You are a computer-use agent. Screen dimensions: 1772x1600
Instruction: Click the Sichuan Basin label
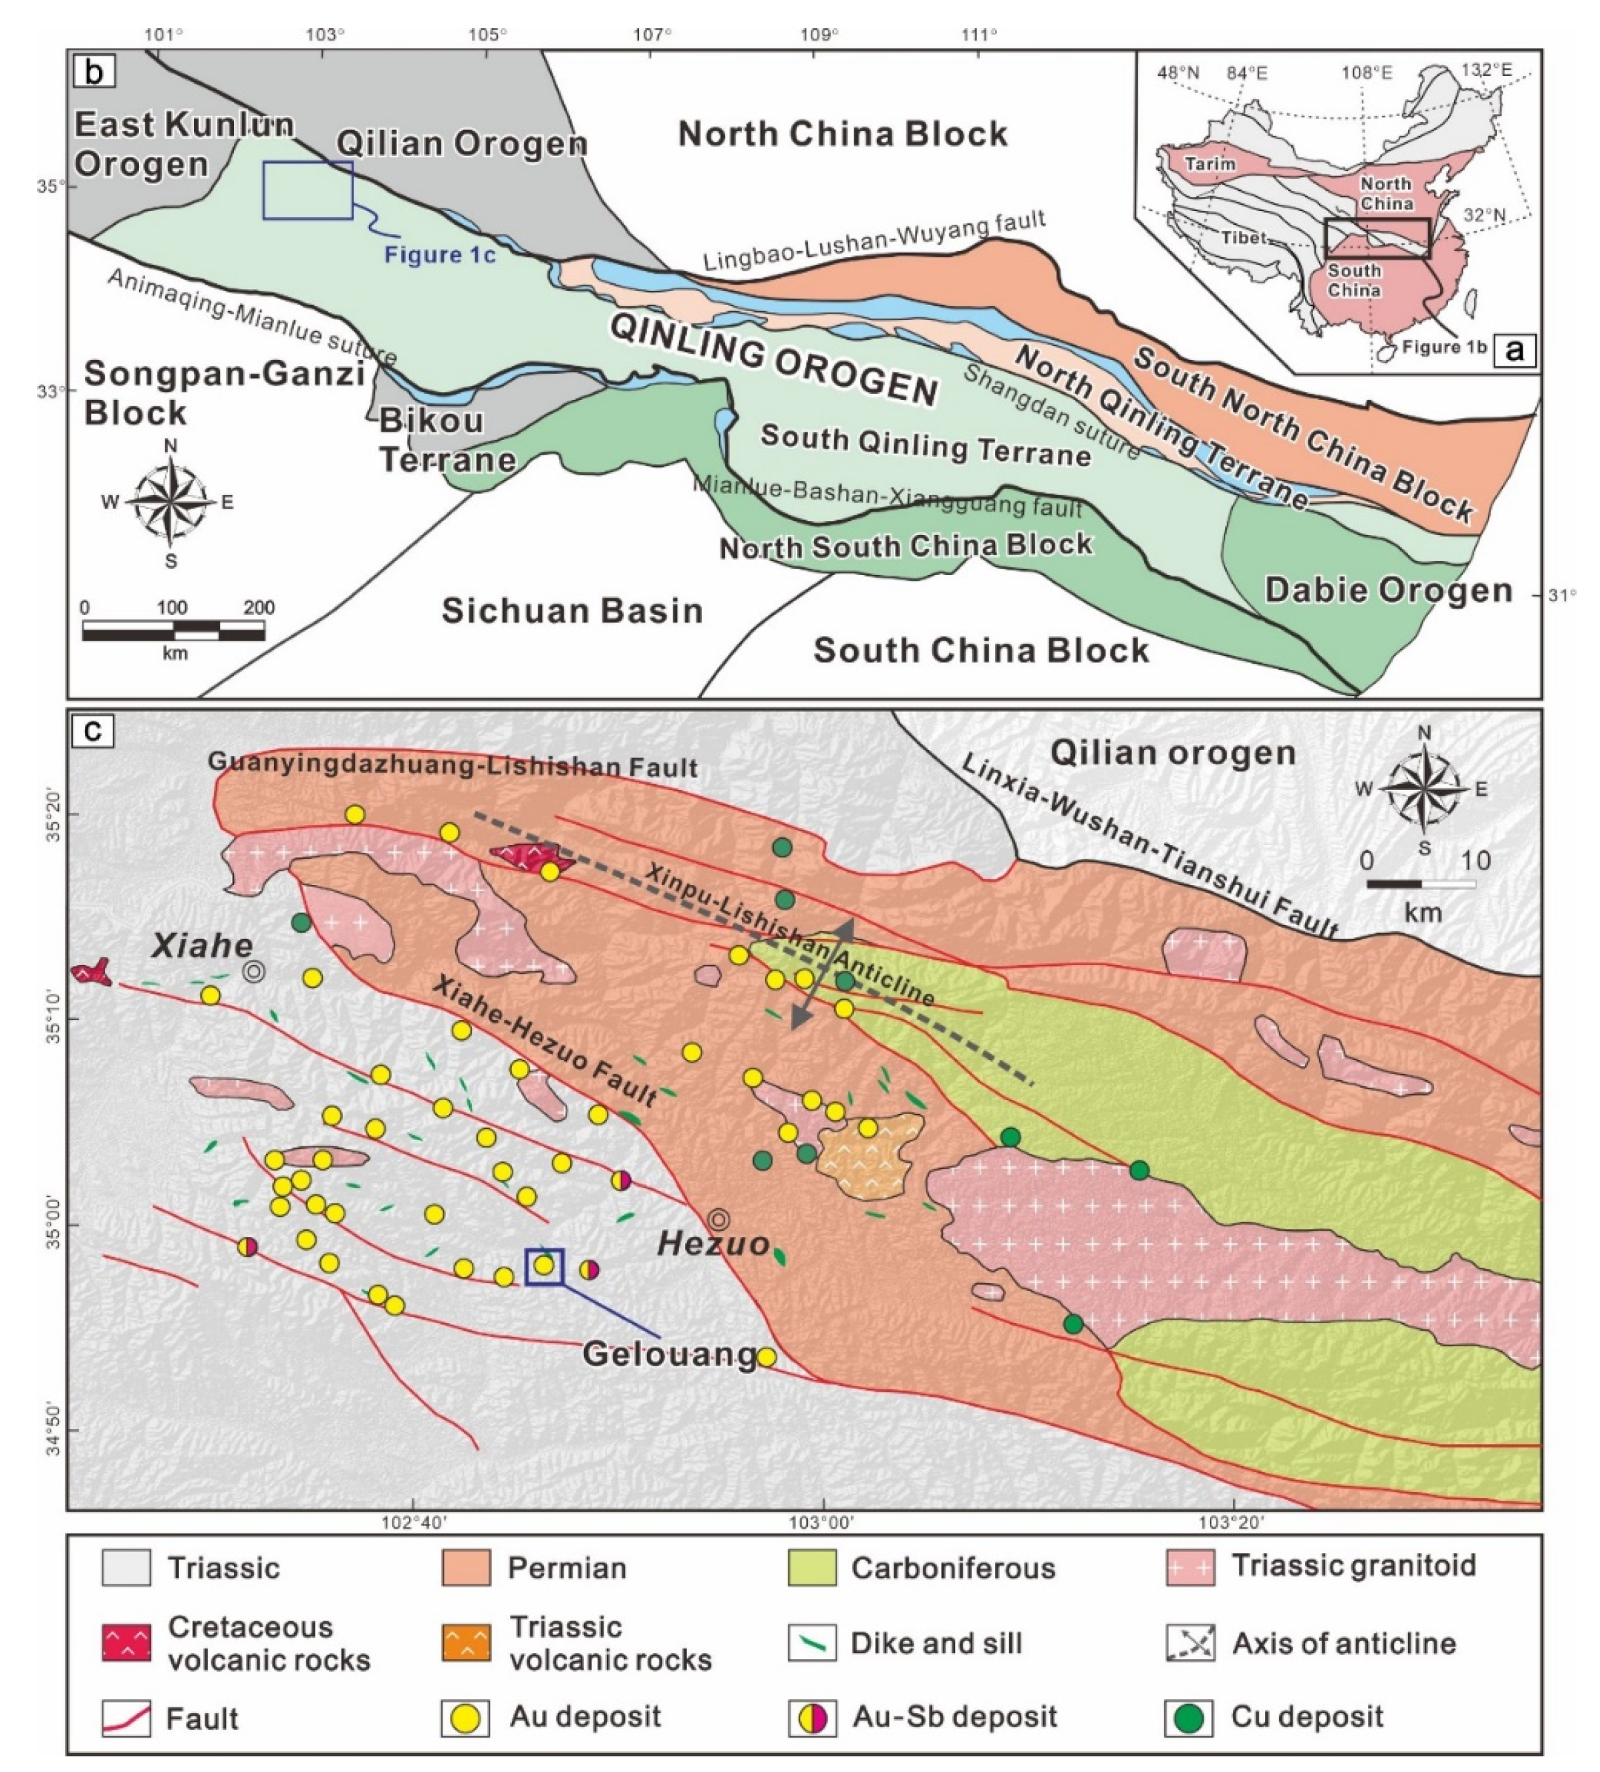coord(572,610)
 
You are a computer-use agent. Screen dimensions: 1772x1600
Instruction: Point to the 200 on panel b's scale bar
coord(259,607)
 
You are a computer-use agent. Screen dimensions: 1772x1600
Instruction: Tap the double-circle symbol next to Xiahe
coord(254,971)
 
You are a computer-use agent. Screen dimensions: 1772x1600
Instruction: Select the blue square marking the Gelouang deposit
coord(544,1265)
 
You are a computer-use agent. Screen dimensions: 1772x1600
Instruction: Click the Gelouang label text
coord(670,1354)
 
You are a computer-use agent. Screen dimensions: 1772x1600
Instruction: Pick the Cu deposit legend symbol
coord(1190,1717)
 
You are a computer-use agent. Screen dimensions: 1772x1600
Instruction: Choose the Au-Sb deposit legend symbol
coord(812,1717)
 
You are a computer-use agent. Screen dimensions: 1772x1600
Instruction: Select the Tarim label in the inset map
coord(1209,164)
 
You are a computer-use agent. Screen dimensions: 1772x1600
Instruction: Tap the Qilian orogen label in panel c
coord(1174,753)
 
